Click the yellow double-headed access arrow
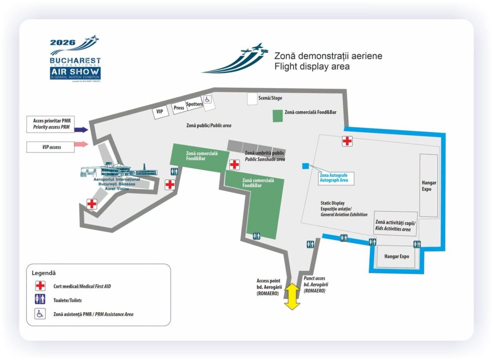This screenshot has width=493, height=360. [292, 296]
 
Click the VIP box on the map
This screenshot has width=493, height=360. [160, 112]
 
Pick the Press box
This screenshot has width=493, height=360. [179, 108]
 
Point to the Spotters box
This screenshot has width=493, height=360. [194, 104]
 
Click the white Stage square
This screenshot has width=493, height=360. [252, 99]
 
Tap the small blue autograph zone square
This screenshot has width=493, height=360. [305, 166]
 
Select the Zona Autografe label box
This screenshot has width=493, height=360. [336, 178]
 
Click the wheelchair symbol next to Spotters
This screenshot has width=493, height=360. [207, 100]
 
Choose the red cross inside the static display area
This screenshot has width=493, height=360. [347, 141]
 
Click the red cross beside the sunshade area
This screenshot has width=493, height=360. [234, 165]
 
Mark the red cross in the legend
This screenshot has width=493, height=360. [40, 286]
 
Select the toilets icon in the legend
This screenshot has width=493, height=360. [40, 299]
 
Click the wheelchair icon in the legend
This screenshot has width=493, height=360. [40, 314]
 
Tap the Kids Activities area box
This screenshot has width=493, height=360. [395, 224]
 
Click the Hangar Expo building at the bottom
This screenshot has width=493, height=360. [396, 256]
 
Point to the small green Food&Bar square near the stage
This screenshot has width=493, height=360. [278, 116]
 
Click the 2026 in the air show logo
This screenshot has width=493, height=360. [63, 42]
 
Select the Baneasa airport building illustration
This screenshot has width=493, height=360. [119, 170]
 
